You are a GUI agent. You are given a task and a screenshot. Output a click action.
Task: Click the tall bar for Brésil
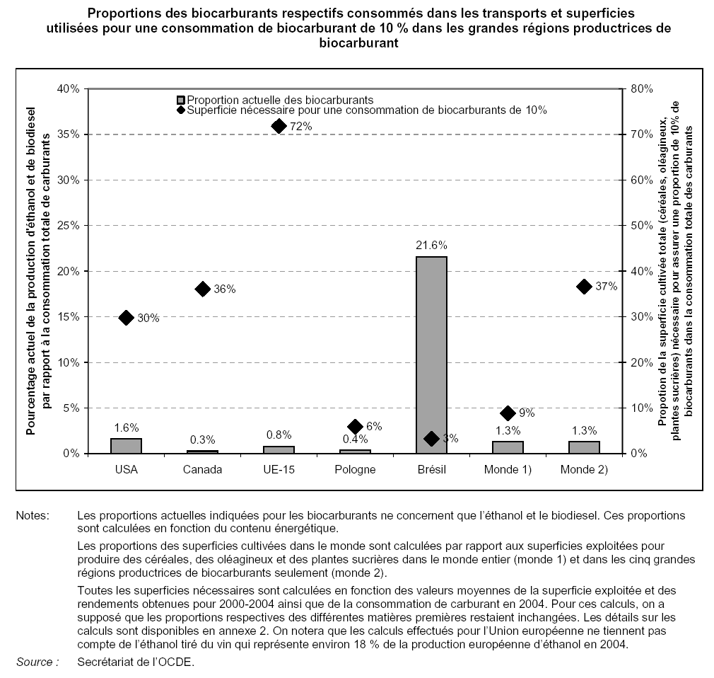tap(431, 354)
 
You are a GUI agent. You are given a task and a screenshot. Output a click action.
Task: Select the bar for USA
tap(126, 446)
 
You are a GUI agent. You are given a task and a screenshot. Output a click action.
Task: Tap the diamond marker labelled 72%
tap(279, 126)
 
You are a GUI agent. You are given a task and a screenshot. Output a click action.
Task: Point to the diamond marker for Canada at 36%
tap(203, 289)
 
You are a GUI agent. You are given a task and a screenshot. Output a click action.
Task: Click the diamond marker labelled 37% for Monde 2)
tap(584, 286)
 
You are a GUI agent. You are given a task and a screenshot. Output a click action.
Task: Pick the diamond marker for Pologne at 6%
tap(356, 426)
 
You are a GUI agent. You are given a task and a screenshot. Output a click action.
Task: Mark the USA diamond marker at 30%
tap(127, 318)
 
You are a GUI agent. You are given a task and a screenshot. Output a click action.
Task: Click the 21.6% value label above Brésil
tap(431, 245)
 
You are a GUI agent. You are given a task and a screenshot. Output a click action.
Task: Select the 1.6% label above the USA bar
tap(126, 427)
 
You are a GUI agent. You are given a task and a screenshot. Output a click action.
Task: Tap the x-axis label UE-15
tap(279, 469)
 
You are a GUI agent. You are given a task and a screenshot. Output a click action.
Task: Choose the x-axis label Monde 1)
tap(508, 469)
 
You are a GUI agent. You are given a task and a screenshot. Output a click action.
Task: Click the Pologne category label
tap(355, 469)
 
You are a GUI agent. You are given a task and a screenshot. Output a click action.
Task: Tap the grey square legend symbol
tap(181, 100)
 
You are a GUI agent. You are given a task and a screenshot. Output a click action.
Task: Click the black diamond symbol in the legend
tap(181, 110)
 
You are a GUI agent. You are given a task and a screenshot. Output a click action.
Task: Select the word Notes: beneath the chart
tap(33, 516)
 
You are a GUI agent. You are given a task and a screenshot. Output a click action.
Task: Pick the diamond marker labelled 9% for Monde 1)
tap(508, 413)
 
